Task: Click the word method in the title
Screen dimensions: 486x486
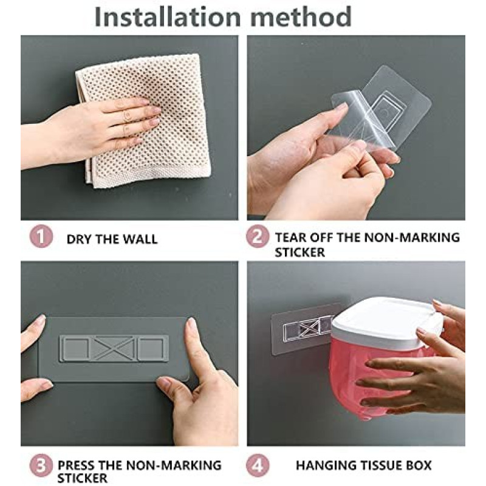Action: click(x=301, y=16)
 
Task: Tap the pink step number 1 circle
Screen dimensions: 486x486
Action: click(x=41, y=237)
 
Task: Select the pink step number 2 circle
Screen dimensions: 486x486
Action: click(x=257, y=237)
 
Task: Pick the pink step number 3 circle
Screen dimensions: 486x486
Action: click(x=41, y=465)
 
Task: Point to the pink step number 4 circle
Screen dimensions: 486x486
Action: click(x=257, y=465)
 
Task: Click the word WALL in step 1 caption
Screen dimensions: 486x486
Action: click(x=140, y=239)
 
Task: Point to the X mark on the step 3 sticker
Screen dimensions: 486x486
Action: click(x=114, y=348)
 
